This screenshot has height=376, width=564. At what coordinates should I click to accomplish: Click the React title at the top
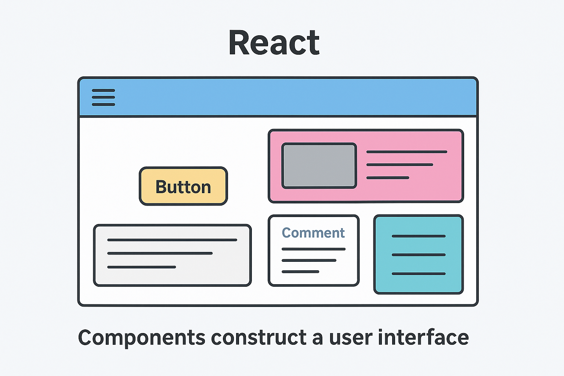(274, 43)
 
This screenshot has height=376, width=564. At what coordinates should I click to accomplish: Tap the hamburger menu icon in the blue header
(104, 97)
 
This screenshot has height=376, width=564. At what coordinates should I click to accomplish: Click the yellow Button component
(183, 186)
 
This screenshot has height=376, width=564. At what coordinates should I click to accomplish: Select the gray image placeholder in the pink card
(319, 166)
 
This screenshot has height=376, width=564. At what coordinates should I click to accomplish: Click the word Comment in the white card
(313, 233)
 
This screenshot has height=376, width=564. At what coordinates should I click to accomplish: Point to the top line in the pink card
(406, 152)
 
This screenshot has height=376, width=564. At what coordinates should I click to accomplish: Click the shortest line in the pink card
(388, 178)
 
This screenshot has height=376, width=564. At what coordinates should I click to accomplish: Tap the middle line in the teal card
(419, 255)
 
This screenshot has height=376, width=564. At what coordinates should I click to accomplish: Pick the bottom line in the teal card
(419, 274)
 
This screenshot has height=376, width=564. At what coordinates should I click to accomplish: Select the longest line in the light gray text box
(172, 240)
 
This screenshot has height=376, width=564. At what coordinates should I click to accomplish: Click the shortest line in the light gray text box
(141, 267)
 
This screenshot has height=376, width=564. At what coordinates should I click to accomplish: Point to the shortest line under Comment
(300, 272)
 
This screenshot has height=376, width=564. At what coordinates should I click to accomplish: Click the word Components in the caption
(142, 338)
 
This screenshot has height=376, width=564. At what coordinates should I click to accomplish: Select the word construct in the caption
(258, 337)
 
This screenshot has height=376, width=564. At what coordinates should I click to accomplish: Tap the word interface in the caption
(423, 337)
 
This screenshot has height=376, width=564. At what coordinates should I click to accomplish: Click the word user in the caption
(351, 339)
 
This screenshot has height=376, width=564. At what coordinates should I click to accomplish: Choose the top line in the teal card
(419, 236)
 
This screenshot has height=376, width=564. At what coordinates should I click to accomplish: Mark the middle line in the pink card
(399, 165)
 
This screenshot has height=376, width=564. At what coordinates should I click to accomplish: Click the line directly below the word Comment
(314, 249)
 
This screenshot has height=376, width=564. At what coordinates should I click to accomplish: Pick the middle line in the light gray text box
(160, 253)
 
